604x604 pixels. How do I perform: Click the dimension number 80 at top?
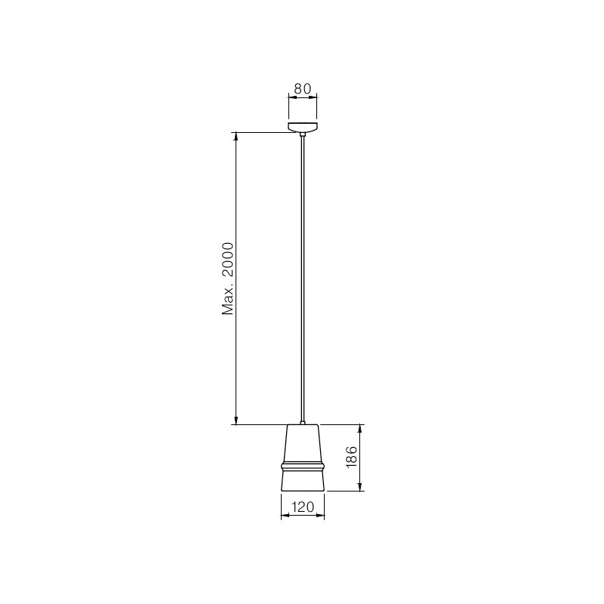point(303,88)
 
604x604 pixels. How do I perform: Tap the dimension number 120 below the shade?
point(303,507)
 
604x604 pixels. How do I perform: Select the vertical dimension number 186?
point(352,458)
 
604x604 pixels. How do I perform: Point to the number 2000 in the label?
point(228,260)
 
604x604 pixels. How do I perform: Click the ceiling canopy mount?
point(303,127)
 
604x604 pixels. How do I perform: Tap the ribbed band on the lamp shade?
point(303,466)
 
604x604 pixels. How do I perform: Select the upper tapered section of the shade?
point(303,442)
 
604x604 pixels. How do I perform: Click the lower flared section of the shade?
point(303,481)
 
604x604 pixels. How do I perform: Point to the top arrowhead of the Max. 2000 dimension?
point(236,137)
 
